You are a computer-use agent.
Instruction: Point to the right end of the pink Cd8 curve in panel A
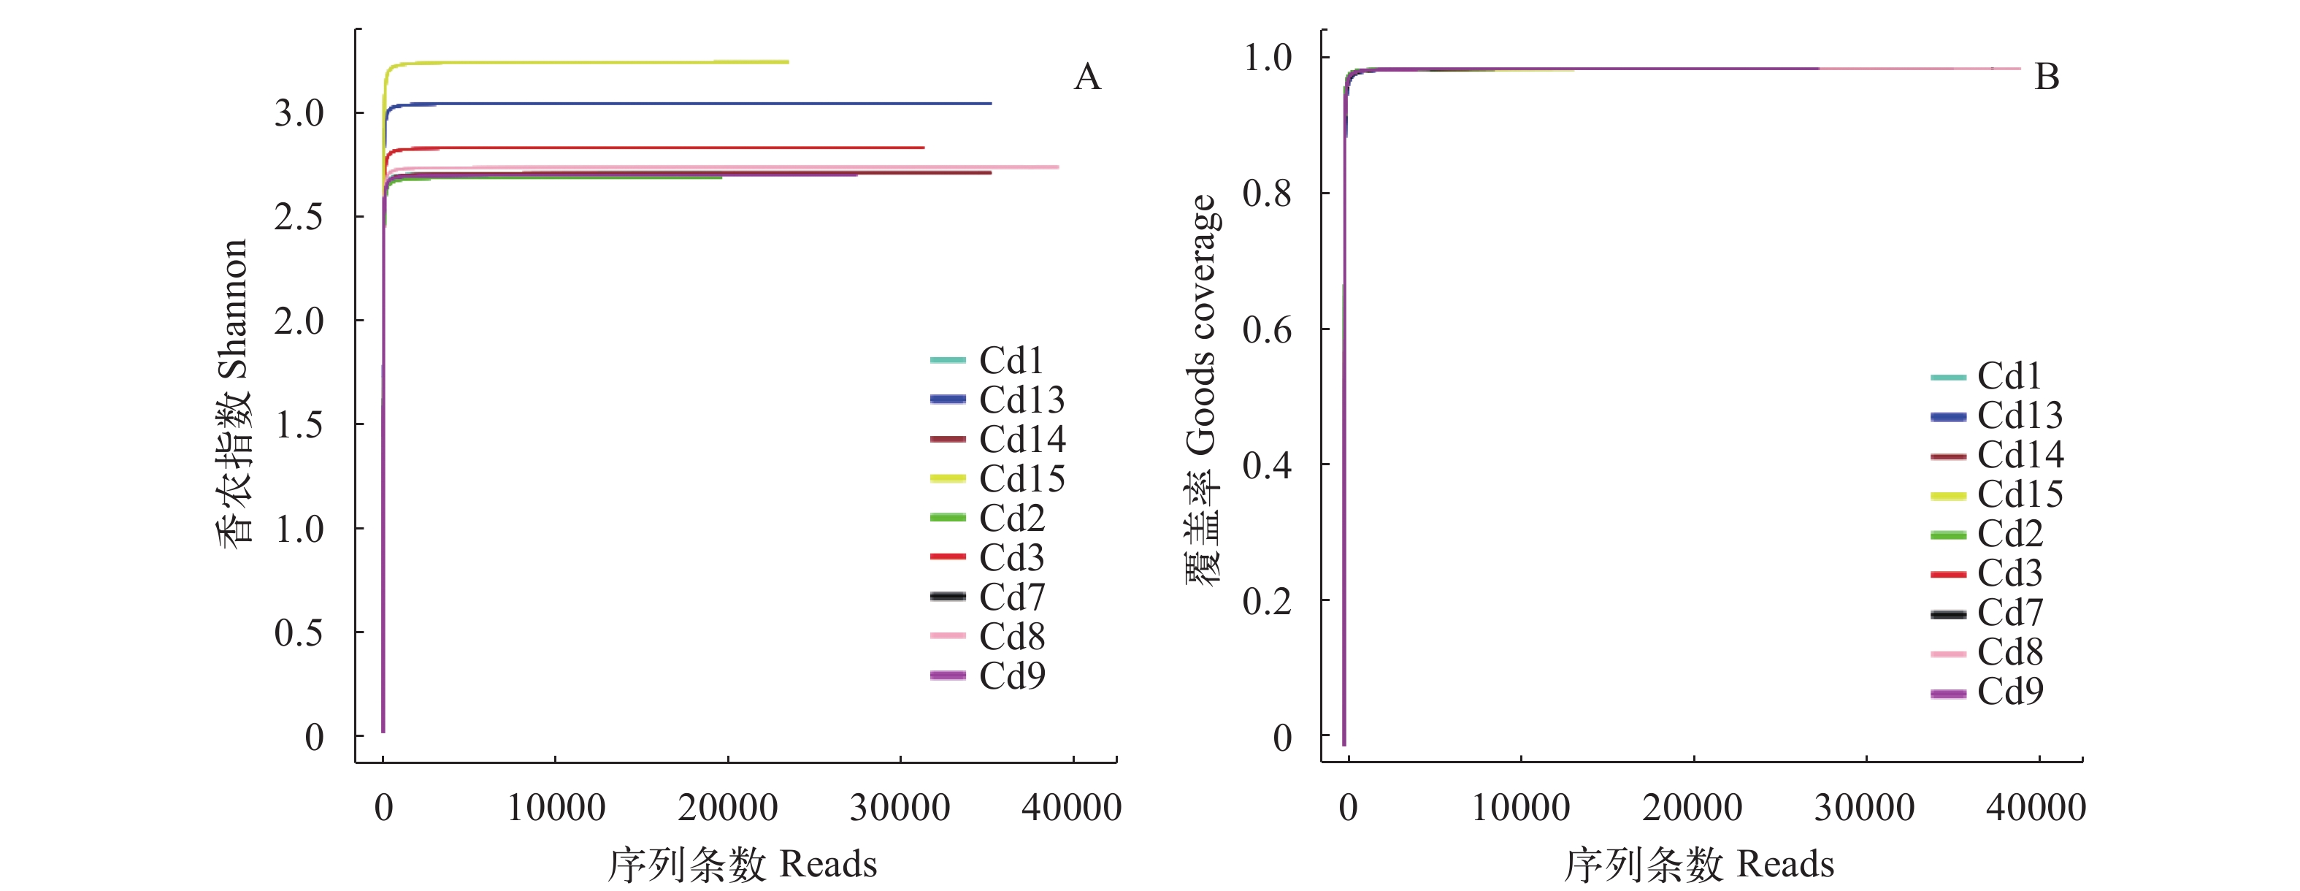[x=1057, y=167]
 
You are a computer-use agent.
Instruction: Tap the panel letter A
[x=1086, y=77]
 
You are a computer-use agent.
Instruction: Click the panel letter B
[x=2047, y=77]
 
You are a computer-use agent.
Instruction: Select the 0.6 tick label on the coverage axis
[x=1267, y=329]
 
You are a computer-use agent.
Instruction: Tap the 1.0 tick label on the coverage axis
[x=1267, y=58]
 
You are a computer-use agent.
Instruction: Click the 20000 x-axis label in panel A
[x=728, y=808]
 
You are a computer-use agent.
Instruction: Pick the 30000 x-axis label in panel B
[x=1864, y=808]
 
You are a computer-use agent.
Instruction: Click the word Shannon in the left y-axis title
[x=233, y=308]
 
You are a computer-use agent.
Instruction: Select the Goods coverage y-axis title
[x=1201, y=326]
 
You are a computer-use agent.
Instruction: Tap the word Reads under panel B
[x=1786, y=864]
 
